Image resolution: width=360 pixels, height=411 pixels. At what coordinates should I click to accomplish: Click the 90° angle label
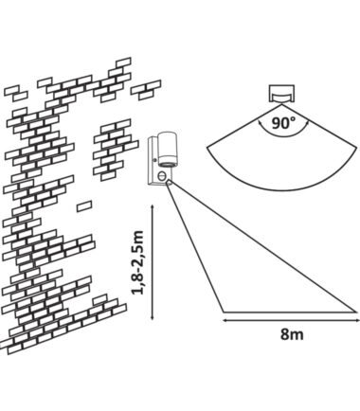point(283,123)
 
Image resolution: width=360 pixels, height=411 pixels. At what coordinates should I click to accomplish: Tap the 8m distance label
point(292,334)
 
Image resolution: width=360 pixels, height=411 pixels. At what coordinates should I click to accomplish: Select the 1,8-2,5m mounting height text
point(137,262)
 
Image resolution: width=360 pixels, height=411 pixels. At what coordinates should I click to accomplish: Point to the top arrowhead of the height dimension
point(153,206)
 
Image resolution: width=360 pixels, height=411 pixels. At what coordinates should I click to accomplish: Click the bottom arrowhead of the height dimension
point(153,318)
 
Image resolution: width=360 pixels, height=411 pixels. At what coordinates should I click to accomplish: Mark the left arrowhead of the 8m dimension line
point(225,320)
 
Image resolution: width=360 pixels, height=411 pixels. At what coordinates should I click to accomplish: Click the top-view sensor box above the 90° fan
point(282,94)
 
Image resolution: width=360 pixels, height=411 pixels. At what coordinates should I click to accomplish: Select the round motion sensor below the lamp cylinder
point(163,174)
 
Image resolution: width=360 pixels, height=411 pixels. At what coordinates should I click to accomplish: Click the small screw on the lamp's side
point(154,160)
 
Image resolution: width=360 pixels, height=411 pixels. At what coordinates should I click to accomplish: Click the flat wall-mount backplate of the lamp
point(153,160)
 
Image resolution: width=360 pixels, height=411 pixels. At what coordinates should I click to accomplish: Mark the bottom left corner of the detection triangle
point(224,312)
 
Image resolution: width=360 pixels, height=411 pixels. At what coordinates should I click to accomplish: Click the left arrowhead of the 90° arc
point(260,121)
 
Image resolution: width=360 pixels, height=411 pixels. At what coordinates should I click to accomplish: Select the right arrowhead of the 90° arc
point(307,122)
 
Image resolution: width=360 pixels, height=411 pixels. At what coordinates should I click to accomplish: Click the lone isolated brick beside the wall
point(84,206)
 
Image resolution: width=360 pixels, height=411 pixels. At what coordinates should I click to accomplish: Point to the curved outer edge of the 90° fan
point(281,189)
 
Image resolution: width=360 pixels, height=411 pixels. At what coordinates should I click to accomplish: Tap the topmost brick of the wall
point(123,63)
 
